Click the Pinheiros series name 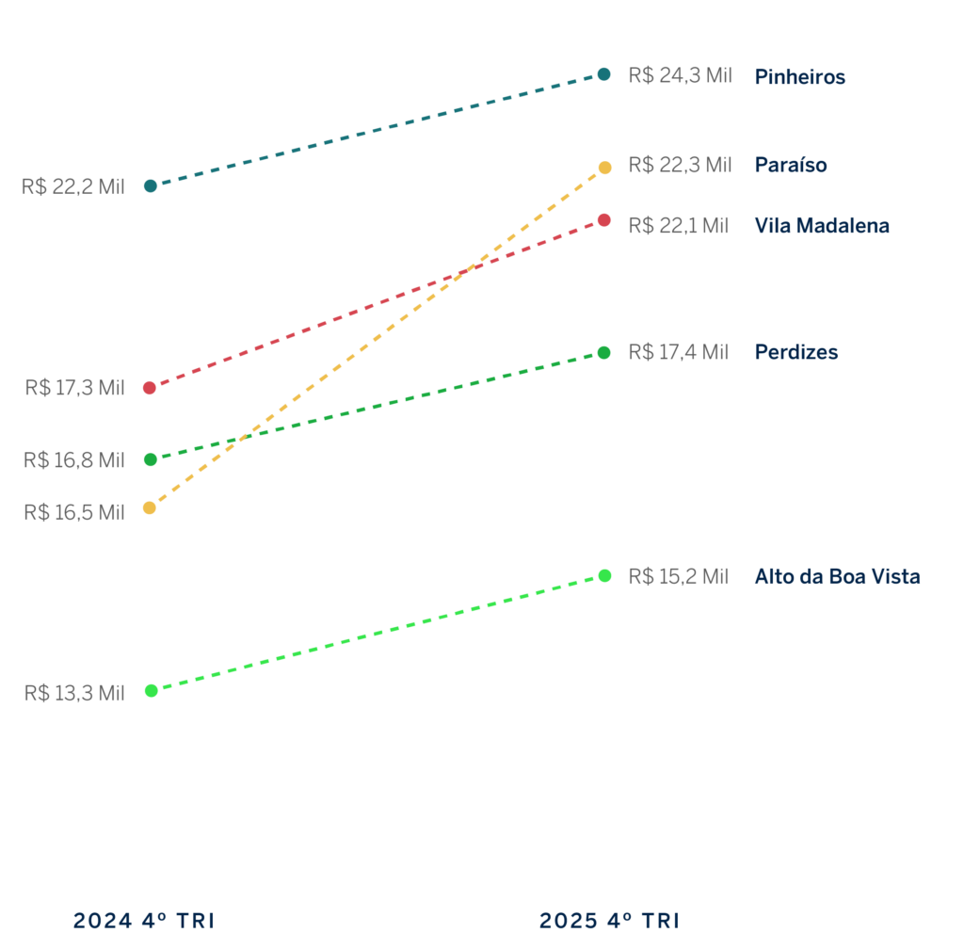(799, 77)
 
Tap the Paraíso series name (790, 166)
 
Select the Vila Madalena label (821, 226)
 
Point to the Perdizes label (795, 352)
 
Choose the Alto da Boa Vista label (836, 577)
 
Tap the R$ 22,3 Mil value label (679, 165)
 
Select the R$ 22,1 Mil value (678, 226)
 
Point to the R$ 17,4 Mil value (678, 352)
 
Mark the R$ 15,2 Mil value (678, 577)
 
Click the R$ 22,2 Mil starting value (72, 187)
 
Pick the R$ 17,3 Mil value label (74, 388)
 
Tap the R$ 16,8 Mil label (73, 460)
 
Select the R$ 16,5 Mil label (73, 513)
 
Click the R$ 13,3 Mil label (73, 694)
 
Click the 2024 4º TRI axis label (144, 921)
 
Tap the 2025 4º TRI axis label (608, 921)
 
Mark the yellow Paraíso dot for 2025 (604, 168)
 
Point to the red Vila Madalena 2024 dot (150, 388)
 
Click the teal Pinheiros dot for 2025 (604, 73)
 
